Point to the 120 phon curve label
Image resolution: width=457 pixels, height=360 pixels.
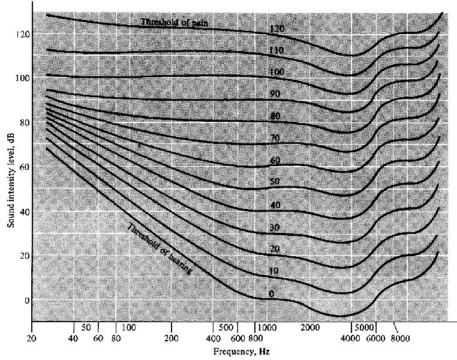pos(276,29)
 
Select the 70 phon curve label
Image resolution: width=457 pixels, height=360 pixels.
pos(275,138)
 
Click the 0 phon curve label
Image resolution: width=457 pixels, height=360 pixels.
pos(272,294)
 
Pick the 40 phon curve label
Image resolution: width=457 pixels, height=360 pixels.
pos(275,205)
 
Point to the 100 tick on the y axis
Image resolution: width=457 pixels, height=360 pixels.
pos(22,78)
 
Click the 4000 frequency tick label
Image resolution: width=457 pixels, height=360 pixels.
pos(351,339)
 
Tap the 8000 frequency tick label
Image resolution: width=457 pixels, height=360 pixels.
pos(400,339)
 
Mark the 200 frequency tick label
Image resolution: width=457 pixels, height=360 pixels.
pos(172,339)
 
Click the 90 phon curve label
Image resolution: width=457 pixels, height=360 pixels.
pos(275,94)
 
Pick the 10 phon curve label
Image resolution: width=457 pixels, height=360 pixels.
pos(273,271)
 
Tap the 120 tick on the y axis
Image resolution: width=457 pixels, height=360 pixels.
pos(22,34)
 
